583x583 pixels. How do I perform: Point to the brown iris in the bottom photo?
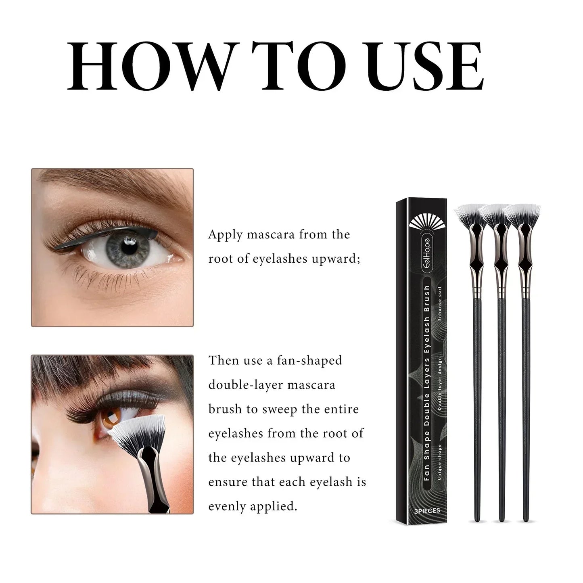point(110,418)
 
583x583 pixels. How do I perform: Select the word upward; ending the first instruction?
point(336,259)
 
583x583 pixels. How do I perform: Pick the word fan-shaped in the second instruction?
point(309,360)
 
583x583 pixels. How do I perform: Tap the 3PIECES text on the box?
point(427,511)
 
